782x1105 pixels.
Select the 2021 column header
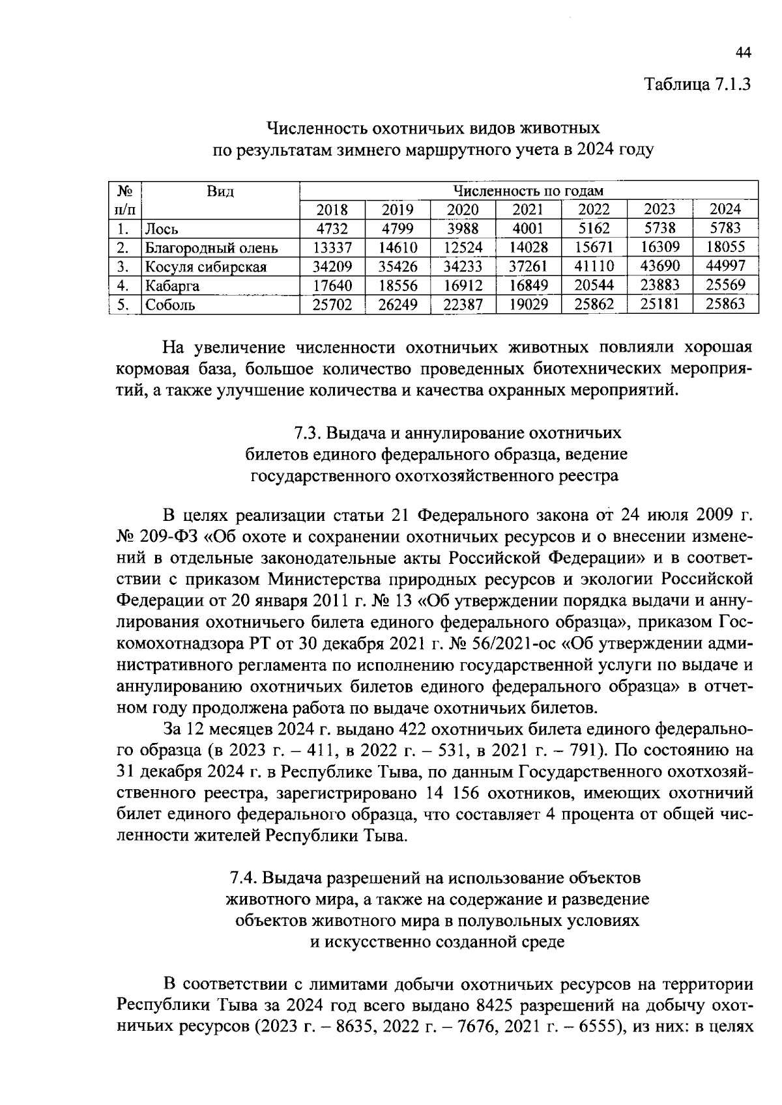point(528,210)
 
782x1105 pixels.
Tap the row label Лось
point(162,229)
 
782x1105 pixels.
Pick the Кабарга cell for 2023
point(659,285)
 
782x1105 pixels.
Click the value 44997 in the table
point(725,266)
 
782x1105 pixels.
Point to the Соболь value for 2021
point(528,304)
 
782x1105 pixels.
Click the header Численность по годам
point(528,191)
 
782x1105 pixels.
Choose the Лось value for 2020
point(463,229)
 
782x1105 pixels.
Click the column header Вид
point(220,191)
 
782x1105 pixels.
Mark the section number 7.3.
point(306,433)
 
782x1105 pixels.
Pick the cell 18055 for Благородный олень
point(725,247)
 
